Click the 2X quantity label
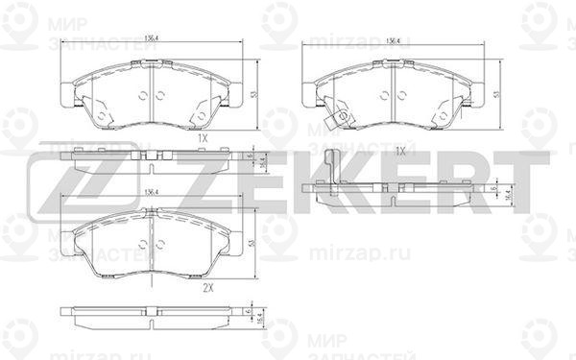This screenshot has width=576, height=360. tap(206, 287)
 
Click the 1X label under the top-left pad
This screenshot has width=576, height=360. tap(203, 138)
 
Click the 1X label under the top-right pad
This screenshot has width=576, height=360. tap(400, 153)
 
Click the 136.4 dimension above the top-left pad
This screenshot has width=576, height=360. tap(150, 39)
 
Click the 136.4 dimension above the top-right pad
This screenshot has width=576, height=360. tap(392, 40)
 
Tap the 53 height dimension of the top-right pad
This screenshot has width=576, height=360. tap(495, 93)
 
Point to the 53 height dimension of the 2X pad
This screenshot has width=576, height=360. tap(252, 245)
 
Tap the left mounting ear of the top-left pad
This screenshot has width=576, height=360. tap(64, 94)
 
